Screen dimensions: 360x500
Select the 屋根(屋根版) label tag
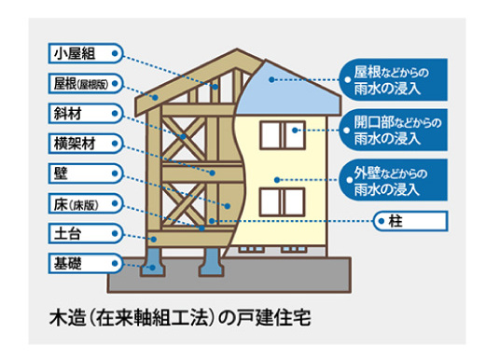[x=83, y=83]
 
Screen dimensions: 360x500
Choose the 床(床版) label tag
[x=82, y=201]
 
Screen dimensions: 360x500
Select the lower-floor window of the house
[x=279, y=200]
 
